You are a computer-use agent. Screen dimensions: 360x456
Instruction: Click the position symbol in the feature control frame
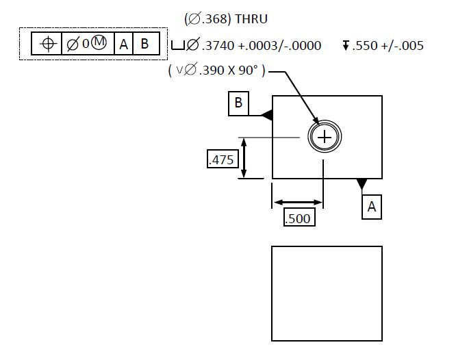pyautogui.click(x=47, y=44)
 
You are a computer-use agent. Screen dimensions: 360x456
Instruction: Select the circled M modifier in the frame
pyautogui.click(x=99, y=44)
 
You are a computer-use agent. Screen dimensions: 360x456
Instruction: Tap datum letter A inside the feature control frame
pyautogui.click(x=123, y=44)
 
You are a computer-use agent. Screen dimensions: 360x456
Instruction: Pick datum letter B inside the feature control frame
pyautogui.click(x=144, y=44)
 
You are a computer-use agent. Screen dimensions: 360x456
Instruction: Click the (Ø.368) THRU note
pyautogui.click(x=226, y=18)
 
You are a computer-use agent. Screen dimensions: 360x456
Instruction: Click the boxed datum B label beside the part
pyautogui.click(x=238, y=103)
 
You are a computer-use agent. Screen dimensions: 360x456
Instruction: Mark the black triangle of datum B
pyautogui.click(x=267, y=116)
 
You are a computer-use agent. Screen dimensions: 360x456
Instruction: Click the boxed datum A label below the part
pyautogui.click(x=371, y=206)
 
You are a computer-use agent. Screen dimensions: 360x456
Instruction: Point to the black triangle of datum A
pyautogui.click(x=362, y=183)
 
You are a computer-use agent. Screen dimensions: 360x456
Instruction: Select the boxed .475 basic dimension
pyautogui.click(x=221, y=159)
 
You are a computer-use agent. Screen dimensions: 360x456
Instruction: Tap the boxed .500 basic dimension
pyautogui.click(x=297, y=218)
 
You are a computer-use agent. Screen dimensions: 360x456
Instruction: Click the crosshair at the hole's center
pyautogui.click(x=324, y=138)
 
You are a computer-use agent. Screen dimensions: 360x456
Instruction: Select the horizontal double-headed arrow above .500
pyautogui.click(x=298, y=203)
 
